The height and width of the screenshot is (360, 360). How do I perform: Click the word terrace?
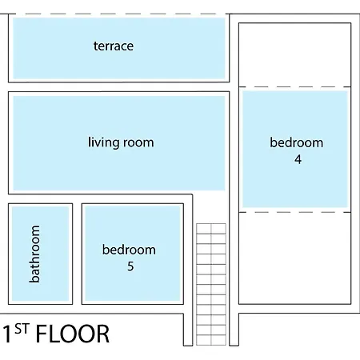click(114, 46)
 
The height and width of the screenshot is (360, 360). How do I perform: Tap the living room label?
click(121, 142)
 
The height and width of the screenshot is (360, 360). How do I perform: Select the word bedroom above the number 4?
click(297, 142)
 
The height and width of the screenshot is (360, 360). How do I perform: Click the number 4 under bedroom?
click(298, 159)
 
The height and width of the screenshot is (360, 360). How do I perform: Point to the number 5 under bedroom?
click(130, 266)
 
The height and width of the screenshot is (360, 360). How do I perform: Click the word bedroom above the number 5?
click(129, 250)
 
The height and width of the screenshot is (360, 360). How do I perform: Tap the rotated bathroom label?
click(34, 254)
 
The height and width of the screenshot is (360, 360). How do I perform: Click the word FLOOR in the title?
click(73, 334)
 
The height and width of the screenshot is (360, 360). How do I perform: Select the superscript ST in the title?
click(22, 329)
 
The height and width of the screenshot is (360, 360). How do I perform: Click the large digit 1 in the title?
click(7, 334)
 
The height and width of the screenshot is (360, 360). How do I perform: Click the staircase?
click(211, 285)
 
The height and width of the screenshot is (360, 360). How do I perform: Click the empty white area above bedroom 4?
click(294, 54)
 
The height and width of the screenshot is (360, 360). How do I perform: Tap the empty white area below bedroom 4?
click(294, 258)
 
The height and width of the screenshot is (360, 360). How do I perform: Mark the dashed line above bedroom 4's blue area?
click(294, 86)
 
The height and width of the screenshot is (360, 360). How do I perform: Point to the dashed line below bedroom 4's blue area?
click(294, 212)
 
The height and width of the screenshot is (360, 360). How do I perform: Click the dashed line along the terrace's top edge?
click(118, 14)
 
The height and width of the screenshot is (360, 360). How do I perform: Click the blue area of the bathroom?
click(40, 254)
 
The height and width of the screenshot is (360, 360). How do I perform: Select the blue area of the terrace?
click(119, 48)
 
